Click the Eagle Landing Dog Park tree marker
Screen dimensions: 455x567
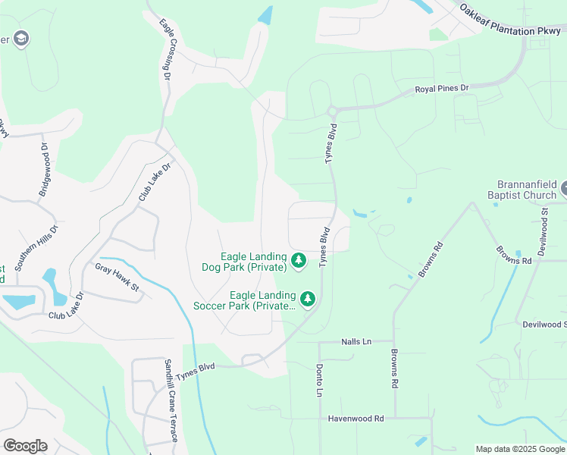pyautogui.click(x=299, y=262)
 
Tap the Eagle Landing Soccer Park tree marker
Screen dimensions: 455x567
pyautogui.click(x=307, y=300)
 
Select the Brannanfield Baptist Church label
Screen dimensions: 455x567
pyautogui.click(x=527, y=190)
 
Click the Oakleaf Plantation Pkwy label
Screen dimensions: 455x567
pyautogui.click(x=512, y=20)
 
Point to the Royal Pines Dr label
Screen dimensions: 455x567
pyautogui.click(x=442, y=89)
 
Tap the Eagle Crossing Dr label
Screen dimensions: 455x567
pyautogui.click(x=166, y=49)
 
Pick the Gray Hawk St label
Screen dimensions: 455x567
pyautogui.click(x=117, y=276)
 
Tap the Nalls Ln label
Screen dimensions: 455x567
pyautogui.click(x=356, y=342)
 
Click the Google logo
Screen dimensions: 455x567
pyautogui.click(x=25, y=446)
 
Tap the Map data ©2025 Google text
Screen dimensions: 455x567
pyautogui.click(x=520, y=449)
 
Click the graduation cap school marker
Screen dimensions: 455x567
pyautogui.click(x=21, y=39)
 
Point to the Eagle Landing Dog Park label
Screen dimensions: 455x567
pyautogui.click(x=253, y=262)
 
